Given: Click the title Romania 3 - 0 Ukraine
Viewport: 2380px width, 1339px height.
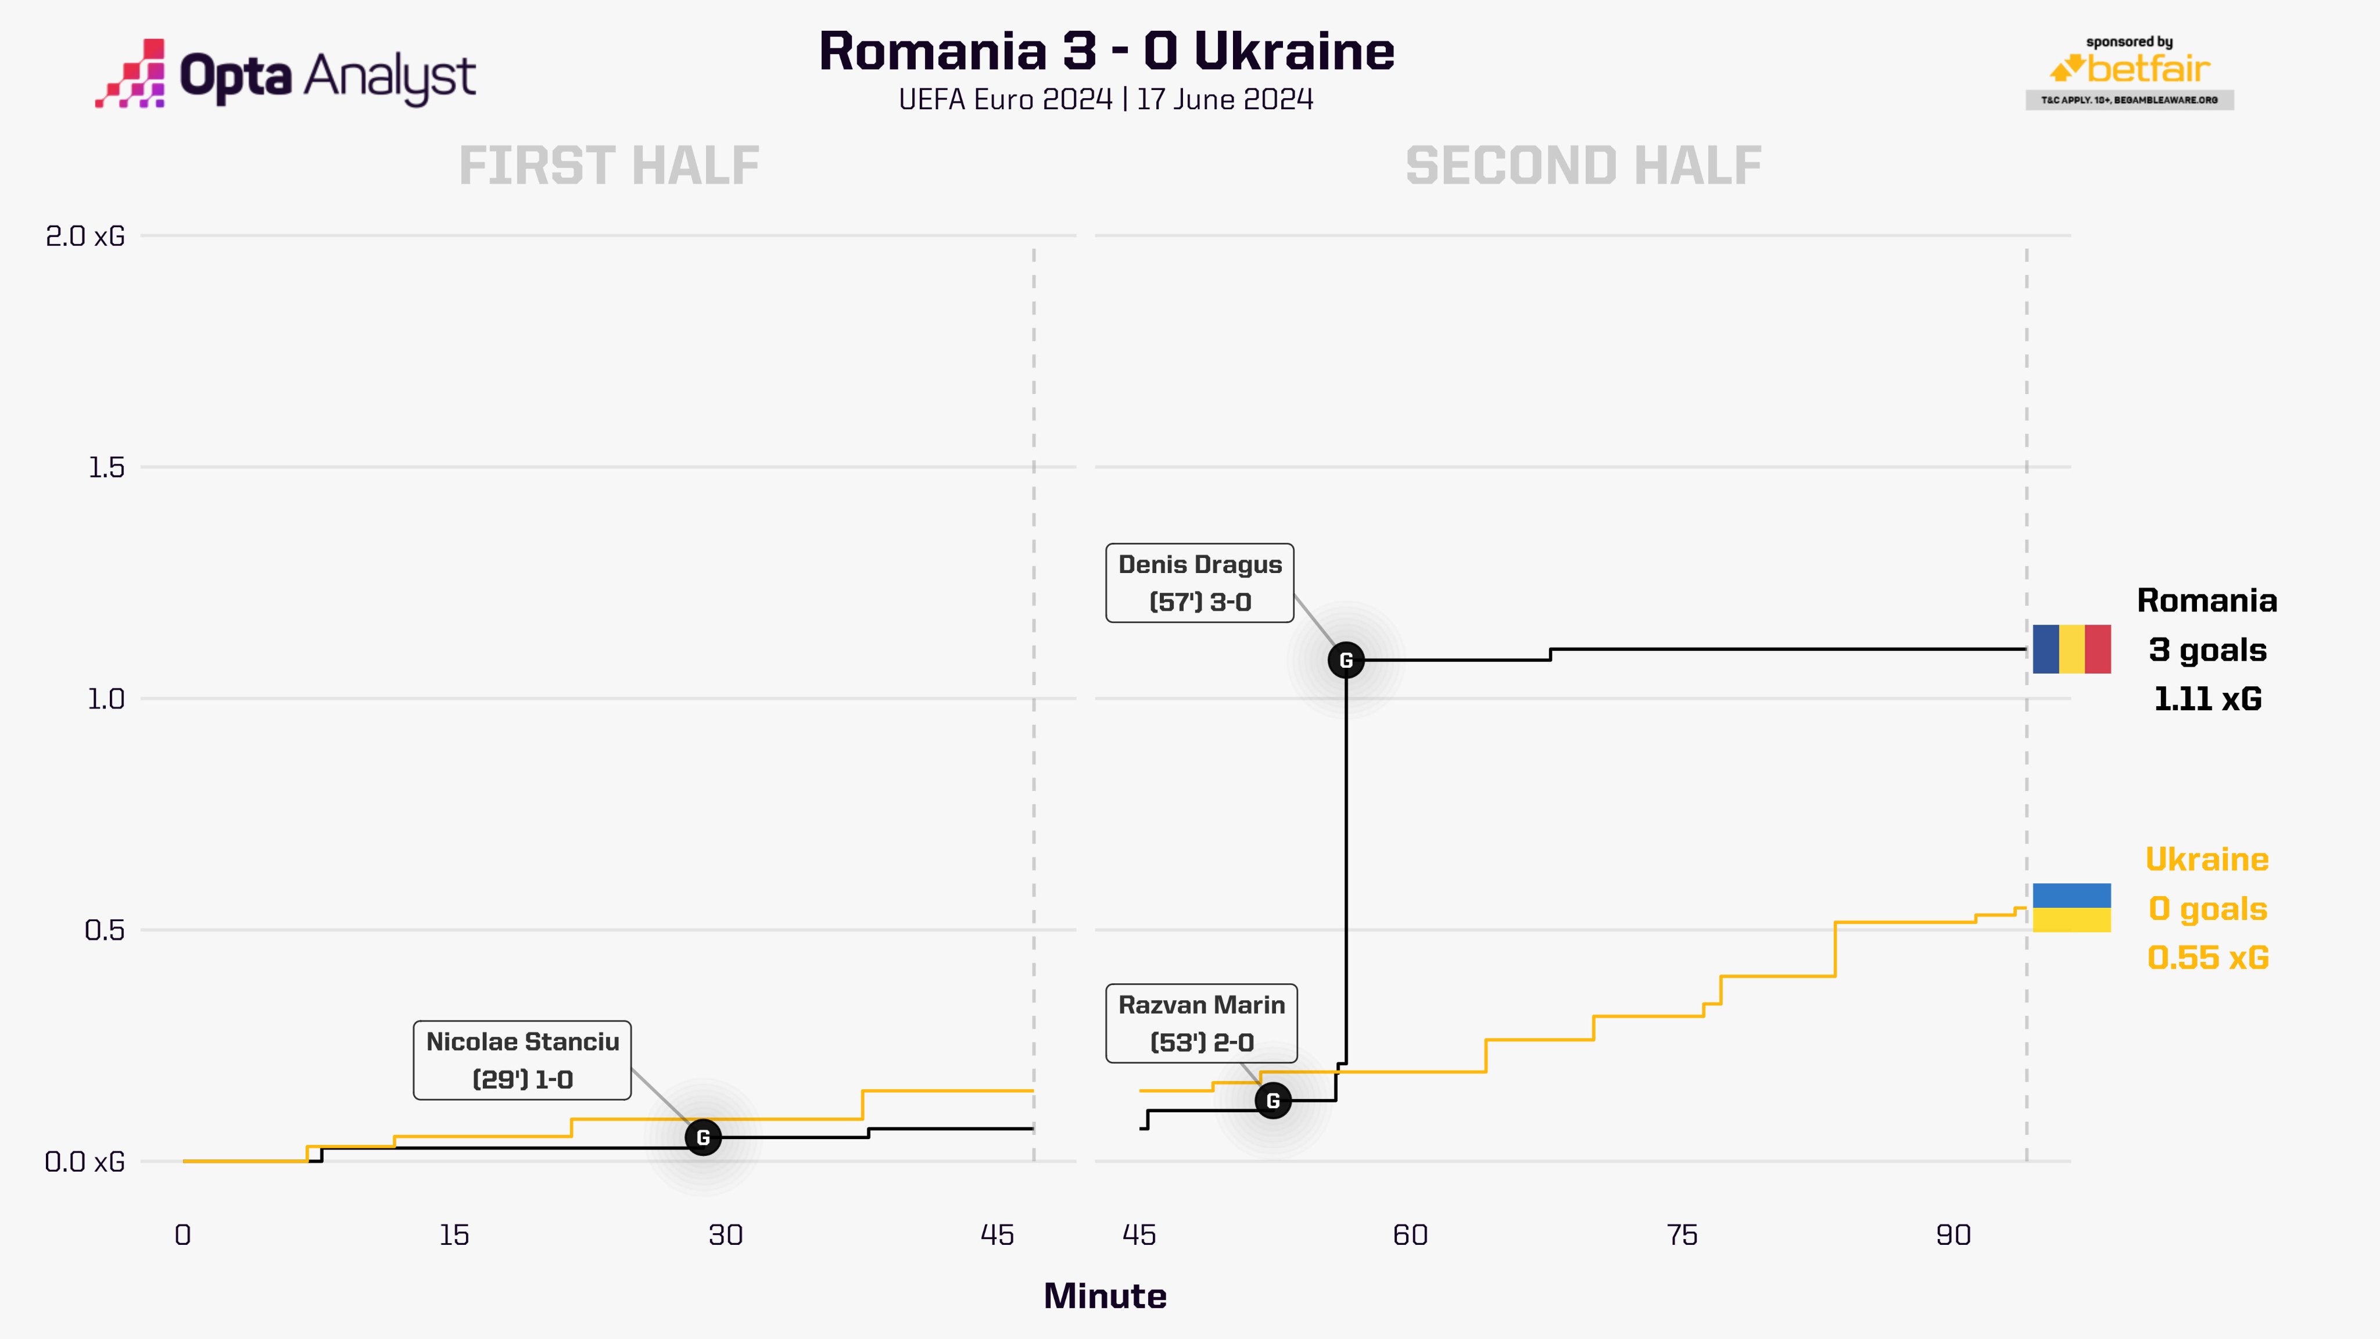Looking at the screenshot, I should tap(1106, 52).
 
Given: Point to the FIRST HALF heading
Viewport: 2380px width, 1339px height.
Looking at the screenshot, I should tap(609, 166).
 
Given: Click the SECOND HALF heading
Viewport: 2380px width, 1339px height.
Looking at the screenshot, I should tap(1583, 166).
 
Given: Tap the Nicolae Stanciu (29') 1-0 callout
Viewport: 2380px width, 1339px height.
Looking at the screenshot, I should tap(522, 1060).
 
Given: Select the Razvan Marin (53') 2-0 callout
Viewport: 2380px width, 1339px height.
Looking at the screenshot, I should tap(1201, 1023).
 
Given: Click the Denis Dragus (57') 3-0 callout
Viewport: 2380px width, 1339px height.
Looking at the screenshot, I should tap(1199, 583).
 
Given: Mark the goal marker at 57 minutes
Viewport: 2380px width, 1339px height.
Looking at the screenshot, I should tap(1346, 660).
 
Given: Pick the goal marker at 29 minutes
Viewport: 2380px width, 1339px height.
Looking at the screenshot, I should tap(703, 1137).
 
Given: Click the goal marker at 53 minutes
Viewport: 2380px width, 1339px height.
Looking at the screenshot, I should tap(1273, 1101).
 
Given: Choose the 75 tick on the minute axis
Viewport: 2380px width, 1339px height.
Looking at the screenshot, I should tap(1682, 1236).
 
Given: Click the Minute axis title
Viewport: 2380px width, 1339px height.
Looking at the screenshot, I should tap(1105, 1297).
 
